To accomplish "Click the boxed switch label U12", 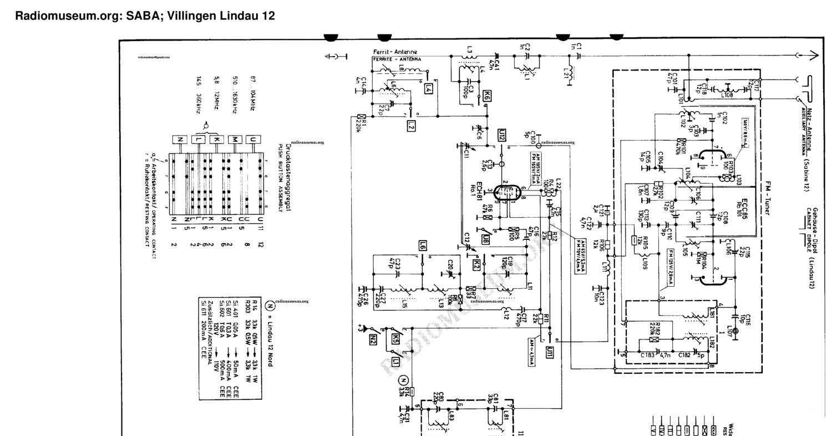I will click(x=501, y=134).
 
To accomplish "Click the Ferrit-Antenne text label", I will click(x=395, y=52).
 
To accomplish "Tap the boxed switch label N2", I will click(x=373, y=338).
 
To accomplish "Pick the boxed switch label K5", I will click(x=395, y=338).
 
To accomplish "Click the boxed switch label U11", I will click(x=550, y=352).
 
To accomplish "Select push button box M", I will click(x=235, y=139).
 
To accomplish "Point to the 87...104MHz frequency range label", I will click(x=252, y=94).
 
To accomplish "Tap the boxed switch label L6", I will click(x=423, y=244).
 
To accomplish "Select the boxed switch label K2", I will click(x=476, y=265).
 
